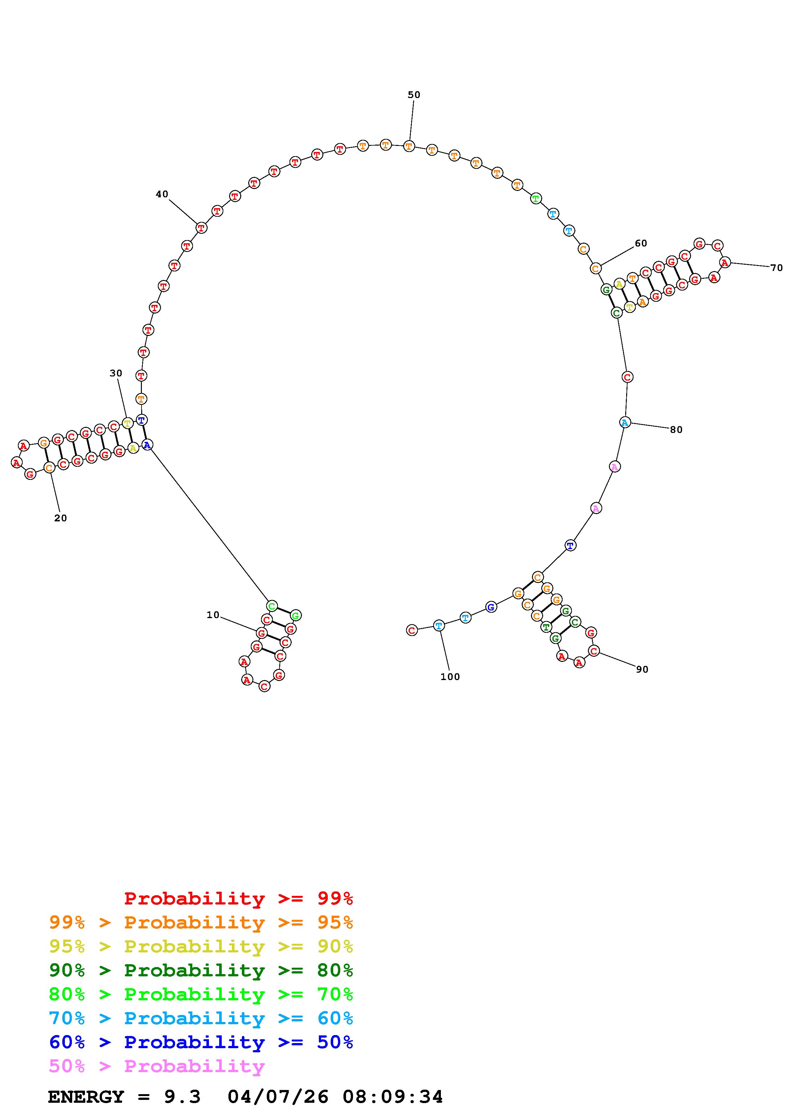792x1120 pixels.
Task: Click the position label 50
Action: tap(414, 95)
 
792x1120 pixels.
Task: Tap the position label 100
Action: tap(450, 677)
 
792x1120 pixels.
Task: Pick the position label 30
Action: tap(116, 373)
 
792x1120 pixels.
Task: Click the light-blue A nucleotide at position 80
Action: tap(625, 422)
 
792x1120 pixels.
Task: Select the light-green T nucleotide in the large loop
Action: tap(536, 199)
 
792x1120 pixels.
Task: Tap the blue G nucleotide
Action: tap(491, 607)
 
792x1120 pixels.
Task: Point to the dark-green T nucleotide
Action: tap(546, 627)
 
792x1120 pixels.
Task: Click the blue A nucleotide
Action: tap(147, 445)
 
